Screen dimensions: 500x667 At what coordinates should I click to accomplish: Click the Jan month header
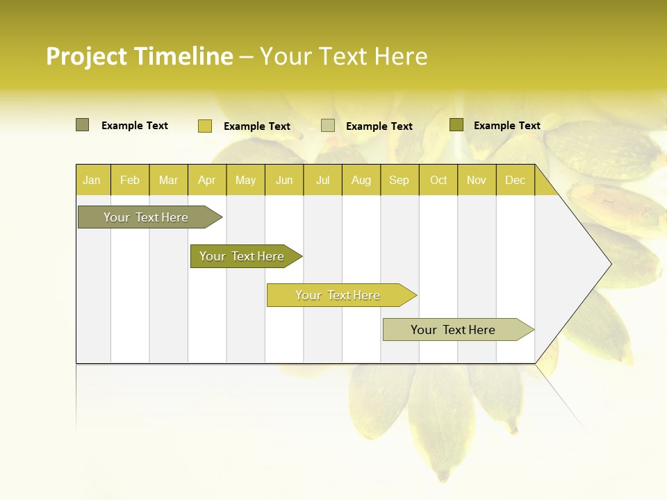(x=92, y=181)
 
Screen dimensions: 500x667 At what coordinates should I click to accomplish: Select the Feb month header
(x=130, y=181)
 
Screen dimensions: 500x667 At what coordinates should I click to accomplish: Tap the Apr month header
(x=207, y=181)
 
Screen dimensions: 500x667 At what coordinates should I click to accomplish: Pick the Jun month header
(x=284, y=181)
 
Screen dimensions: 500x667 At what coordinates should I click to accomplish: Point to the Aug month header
(x=361, y=181)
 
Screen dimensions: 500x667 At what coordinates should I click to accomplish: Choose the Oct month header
(x=438, y=181)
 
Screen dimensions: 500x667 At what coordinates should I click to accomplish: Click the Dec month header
(x=516, y=181)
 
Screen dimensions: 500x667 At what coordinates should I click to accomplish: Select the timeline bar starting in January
(x=146, y=217)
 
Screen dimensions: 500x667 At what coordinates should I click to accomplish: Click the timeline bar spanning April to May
(x=242, y=256)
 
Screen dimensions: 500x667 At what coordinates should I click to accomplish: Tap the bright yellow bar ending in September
(x=338, y=295)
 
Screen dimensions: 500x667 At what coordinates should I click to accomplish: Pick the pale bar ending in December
(x=453, y=330)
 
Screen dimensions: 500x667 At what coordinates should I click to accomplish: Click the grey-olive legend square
(x=82, y=125)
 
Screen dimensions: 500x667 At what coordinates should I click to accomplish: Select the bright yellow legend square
(x=204, y=126)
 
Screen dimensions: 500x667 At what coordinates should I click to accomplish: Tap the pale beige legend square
(x=328, y=126)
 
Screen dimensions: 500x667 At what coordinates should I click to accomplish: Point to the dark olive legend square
(x=456, y=125)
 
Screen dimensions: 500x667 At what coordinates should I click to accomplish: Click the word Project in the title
(x=87, y=56)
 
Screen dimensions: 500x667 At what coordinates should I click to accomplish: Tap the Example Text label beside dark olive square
(x=507, y=126)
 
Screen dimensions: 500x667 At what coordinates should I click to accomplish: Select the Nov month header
(x=477, y=181)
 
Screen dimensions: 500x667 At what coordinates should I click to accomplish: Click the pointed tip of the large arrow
(x=609, y=264)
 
